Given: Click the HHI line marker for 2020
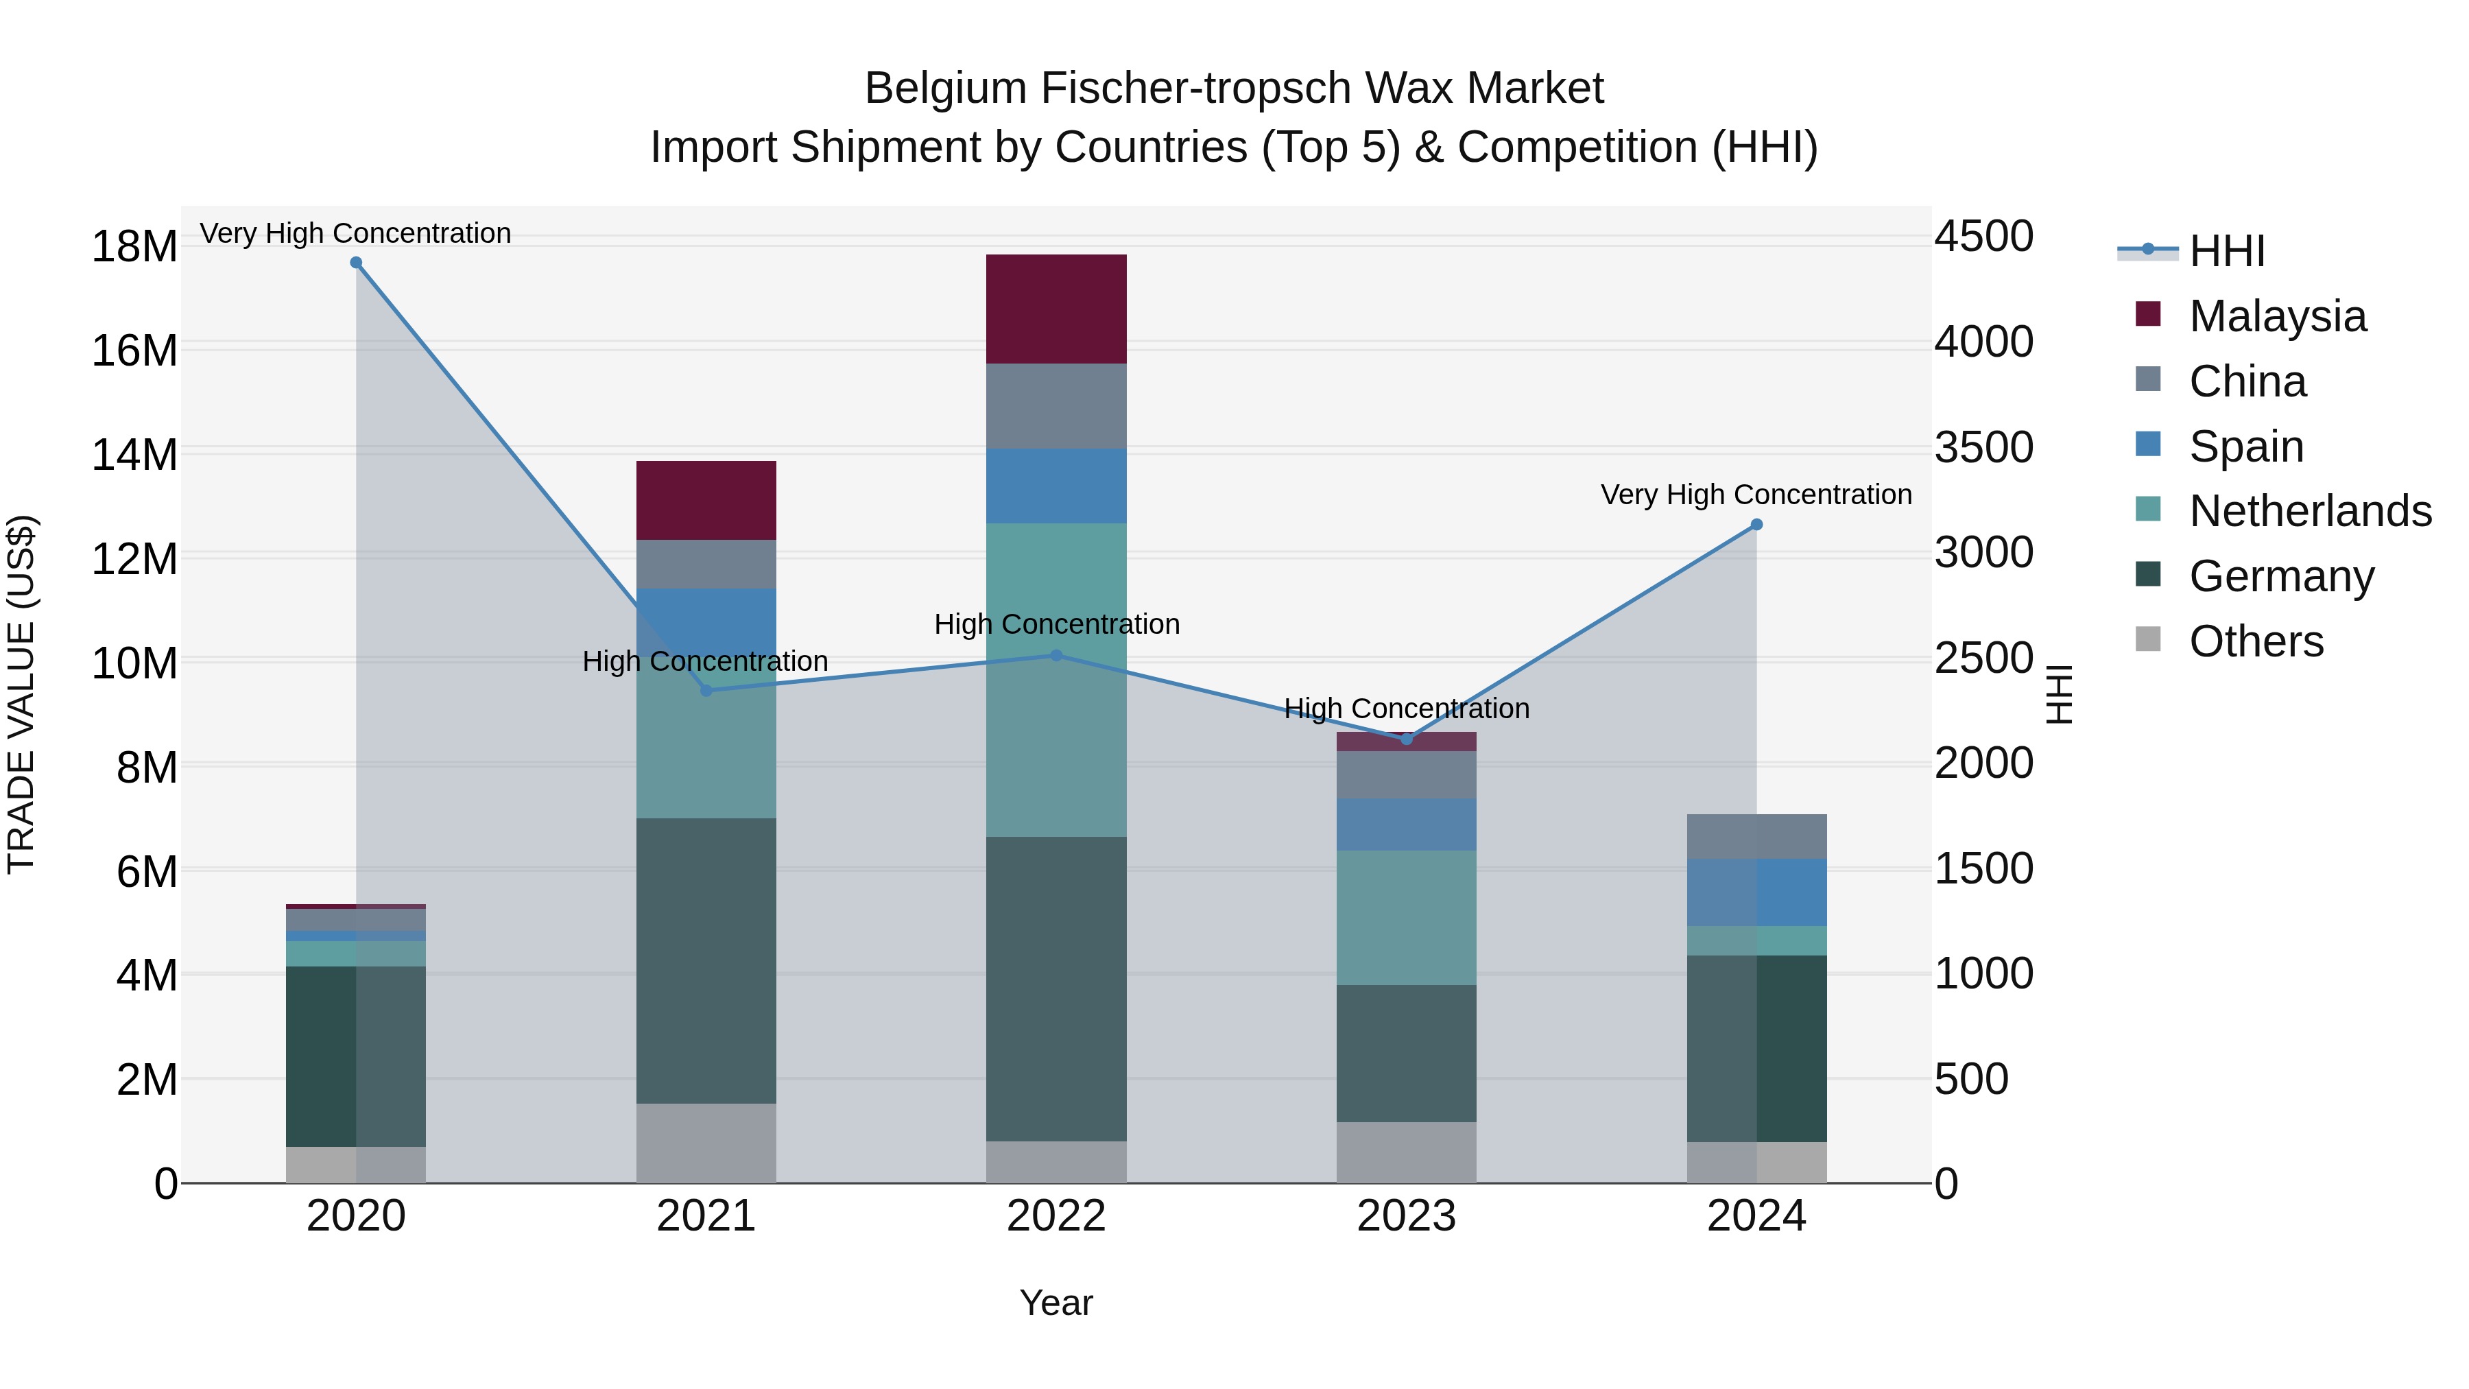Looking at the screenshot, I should point(355,263).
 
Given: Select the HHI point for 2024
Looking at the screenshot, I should point(1756,524).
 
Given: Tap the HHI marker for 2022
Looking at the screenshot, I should point(1056,656).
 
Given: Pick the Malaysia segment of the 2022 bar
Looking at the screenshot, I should point(1056,309).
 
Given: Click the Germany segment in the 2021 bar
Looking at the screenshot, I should point(706,960).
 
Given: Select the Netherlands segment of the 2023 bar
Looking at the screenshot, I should point(1406,917).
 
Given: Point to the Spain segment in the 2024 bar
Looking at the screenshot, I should point(1756,892).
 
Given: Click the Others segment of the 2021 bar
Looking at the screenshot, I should point(706,1143).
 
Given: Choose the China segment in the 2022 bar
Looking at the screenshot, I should point(1056,407).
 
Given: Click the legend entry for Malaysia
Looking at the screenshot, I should point(2276,316).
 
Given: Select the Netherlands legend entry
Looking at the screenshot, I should point(2309,511).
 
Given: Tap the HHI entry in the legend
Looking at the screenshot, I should point(2226,251).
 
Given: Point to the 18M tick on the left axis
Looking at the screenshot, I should point(134,246).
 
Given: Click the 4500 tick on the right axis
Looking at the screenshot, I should point(1983,236).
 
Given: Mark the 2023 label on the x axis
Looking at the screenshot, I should point(1406,1216).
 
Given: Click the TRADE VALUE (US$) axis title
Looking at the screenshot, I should point(22,694).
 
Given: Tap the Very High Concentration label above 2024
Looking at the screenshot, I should point(1756,495).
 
